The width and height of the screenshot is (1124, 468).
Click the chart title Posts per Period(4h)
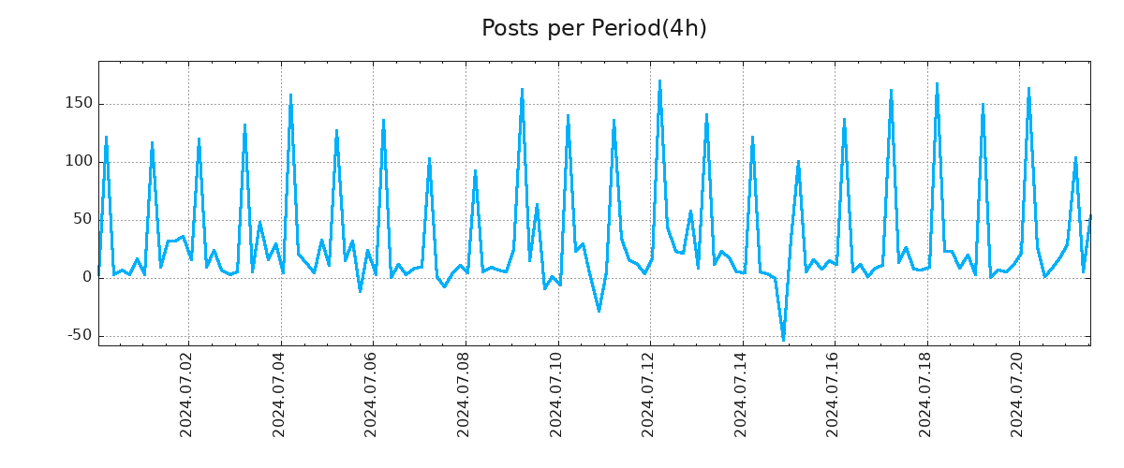(594, 28)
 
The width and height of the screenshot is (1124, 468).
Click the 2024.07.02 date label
(186, 394)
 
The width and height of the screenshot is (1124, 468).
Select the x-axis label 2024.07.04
(279, 394)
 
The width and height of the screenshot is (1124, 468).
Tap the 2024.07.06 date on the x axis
(371, 394)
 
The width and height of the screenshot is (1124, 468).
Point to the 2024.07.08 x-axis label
(464, 394)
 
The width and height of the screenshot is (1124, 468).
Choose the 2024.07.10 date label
(556, 394)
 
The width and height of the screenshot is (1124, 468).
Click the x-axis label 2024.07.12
(648, 394)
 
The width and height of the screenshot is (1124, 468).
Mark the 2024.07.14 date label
(741, 394)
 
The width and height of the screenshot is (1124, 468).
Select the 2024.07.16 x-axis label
(834, 394)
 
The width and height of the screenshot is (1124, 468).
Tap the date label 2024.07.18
(925, 394)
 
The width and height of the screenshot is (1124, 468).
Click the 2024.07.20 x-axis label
(1018, 394)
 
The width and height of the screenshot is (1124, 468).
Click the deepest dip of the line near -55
(783, 340)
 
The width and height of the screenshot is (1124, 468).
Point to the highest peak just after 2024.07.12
(659, 81)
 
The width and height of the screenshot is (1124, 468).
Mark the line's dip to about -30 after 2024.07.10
(599, 311)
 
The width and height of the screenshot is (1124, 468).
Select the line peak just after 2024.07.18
(937, 84)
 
